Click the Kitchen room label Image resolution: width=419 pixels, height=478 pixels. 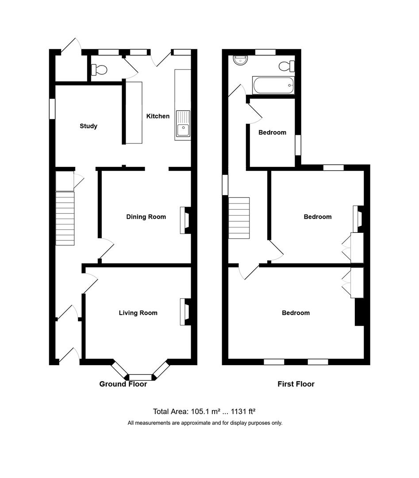[158, 116]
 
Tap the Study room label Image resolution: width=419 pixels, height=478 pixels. [88, 126]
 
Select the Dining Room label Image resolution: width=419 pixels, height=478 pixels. [146, 217]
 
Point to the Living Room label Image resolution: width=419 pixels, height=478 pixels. [138, 313]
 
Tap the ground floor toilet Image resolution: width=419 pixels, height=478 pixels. [99, 70]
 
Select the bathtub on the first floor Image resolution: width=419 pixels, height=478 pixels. [273, 85]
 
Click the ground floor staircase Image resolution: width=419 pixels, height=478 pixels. [65, 218]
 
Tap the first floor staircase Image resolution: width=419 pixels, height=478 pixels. [239, 218]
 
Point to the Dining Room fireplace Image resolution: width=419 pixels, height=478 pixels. [184, 220]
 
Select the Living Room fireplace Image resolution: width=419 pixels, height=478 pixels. [184, 312]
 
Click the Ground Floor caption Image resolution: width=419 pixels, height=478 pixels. [123, 384]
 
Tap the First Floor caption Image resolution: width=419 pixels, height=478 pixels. [296, 384]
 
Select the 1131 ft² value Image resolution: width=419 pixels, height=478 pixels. [243, 412]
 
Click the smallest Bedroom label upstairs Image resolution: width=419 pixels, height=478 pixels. [272, 132]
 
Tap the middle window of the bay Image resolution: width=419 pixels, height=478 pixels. [141, 377]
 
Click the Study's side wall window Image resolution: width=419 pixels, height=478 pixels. [52, 108]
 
